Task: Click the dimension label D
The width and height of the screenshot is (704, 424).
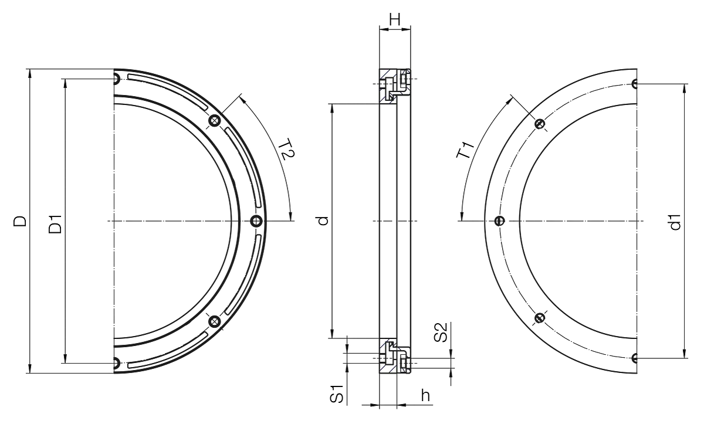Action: [20, 221]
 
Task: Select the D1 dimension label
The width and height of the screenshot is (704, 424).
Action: [55, 224]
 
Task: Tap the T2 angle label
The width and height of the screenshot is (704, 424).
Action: [287, 150]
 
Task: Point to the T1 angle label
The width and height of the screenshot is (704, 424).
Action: [465, 150]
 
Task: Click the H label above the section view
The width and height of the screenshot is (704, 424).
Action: [395, 19]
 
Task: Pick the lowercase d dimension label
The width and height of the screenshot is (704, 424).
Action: [323, 221]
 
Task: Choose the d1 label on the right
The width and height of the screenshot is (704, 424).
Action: [675, 222]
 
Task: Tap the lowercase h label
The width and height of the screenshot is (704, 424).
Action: [425, 395]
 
